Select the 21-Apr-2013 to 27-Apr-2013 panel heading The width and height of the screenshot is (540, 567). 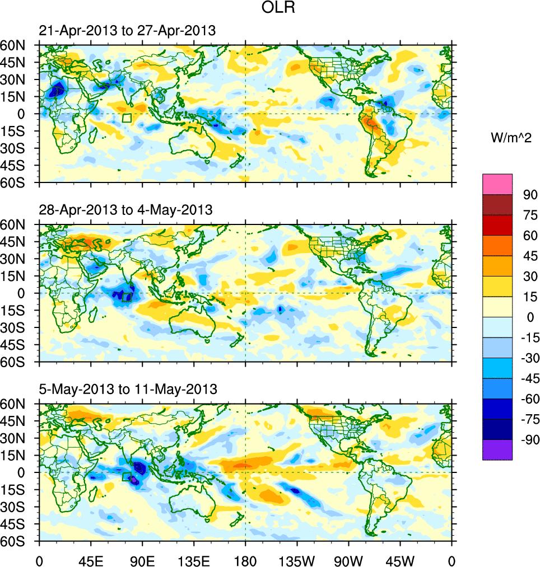[127, 31]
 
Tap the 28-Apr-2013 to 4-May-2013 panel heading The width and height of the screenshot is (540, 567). [126, 210]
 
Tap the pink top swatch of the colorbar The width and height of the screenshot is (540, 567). [497, 184]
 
